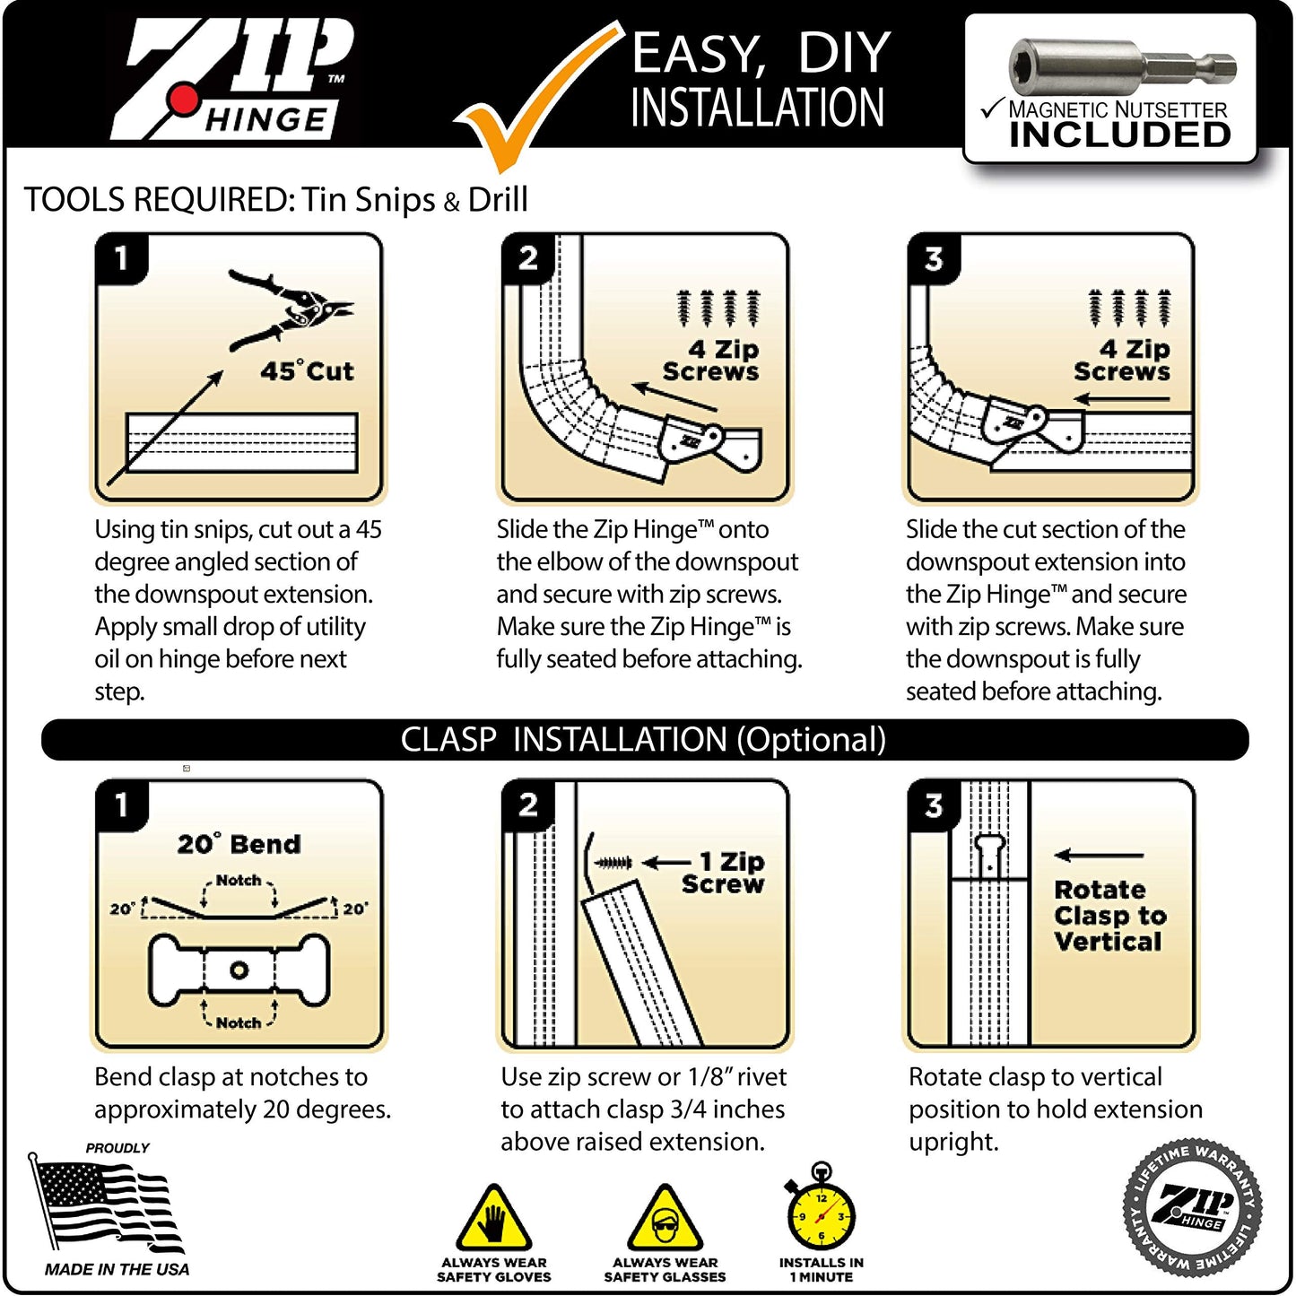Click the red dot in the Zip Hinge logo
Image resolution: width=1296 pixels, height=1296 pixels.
tap(185, 100)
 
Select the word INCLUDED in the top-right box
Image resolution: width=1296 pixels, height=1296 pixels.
tap(1120, 135)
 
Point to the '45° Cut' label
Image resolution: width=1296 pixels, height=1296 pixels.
tap(307, 370)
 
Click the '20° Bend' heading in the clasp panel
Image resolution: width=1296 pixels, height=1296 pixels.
tap(239, 844)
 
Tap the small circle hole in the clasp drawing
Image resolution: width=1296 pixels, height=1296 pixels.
tap(239, 970)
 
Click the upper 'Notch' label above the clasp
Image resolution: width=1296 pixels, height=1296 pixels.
tap(239, 881)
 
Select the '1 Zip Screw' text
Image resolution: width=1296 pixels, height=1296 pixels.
tap(725, 873)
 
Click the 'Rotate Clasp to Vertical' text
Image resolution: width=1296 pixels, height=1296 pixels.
tap(1109, 916)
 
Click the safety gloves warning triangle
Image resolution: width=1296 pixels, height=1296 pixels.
tap(493, 1220)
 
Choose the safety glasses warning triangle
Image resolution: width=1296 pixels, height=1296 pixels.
tap(665, 1220)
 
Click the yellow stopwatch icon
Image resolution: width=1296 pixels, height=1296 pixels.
tap(821, 1213)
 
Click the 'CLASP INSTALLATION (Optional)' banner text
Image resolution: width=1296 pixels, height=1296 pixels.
tap(643, 740)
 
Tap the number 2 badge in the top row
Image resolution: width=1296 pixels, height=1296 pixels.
tap(528, 258)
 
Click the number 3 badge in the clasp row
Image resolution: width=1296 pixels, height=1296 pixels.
tap(934, 805)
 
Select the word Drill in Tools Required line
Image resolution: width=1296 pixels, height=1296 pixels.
tap(498, 199)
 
